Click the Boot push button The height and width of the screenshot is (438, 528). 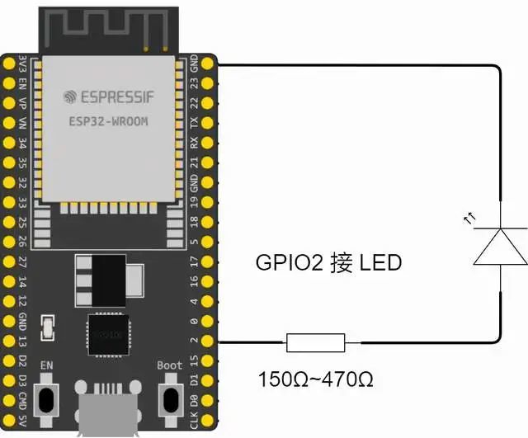170,399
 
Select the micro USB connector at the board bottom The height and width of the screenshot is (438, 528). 107,410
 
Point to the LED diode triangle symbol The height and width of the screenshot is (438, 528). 500,247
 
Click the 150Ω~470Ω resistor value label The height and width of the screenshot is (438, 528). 316,380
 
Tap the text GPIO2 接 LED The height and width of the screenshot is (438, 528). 328,263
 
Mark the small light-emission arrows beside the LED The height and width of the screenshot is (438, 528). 470,219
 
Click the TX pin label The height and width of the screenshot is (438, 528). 194,123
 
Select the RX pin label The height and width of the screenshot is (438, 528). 194,143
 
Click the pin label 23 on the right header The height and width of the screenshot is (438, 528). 194,83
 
